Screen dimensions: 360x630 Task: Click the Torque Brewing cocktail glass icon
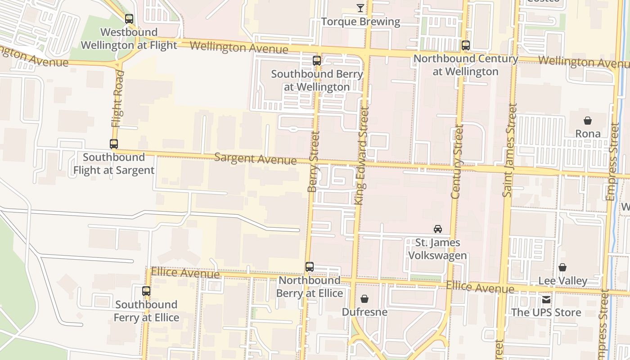360,8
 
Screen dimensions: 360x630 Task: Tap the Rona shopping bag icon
588,121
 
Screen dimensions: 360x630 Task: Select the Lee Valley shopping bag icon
562,268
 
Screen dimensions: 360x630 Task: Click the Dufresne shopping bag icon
364,299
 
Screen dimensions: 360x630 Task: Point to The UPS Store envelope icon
546,299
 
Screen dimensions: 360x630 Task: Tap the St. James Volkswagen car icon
437,229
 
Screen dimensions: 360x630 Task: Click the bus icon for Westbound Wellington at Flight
129,19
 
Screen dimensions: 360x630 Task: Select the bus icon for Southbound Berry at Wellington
317,60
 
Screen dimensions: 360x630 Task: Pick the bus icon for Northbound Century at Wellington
466,45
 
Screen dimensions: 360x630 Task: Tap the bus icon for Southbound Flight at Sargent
114,144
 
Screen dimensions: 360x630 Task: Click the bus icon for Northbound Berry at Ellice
310,267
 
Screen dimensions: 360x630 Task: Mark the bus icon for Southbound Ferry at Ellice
146,291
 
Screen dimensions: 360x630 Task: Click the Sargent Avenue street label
255,158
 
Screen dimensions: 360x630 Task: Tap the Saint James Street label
509,150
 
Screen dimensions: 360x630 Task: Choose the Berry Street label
313,162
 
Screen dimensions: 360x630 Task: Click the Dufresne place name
364,312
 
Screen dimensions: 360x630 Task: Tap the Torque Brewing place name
360,22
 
